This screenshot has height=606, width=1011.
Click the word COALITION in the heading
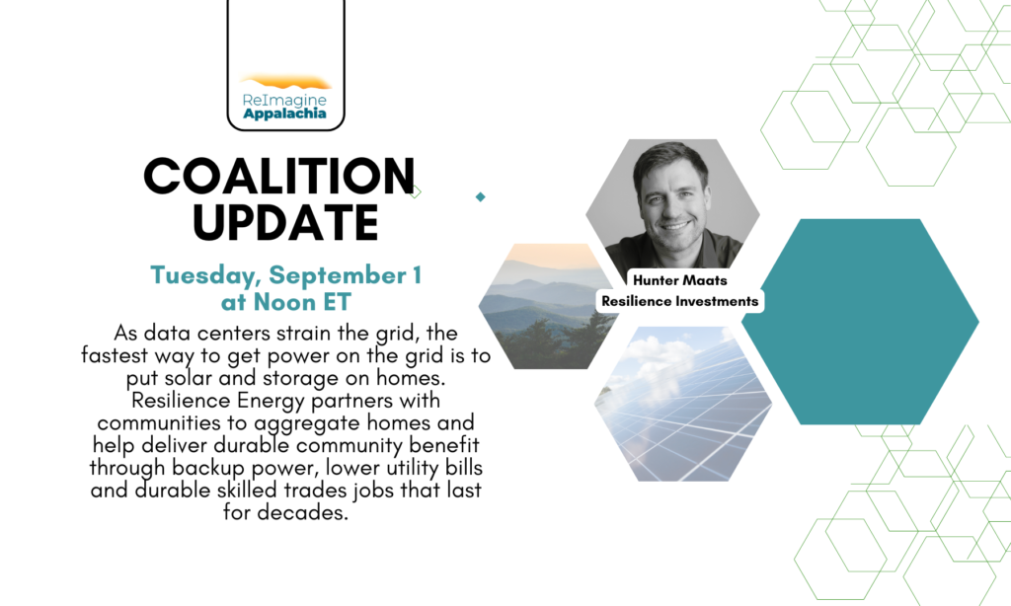[279, 176]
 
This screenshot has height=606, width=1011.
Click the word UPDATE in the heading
[285, 223]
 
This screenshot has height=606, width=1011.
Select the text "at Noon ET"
[285, 302]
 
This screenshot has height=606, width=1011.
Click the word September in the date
[338, 275]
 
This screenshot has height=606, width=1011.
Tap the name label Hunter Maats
[679, 280]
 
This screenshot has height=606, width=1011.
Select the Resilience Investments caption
[679, 301]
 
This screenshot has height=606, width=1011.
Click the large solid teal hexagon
[860, 322]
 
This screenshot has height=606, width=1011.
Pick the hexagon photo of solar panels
[683, 404]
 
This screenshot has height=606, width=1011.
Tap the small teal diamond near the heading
[481, 196]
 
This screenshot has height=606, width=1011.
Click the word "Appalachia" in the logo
[284, 114]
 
